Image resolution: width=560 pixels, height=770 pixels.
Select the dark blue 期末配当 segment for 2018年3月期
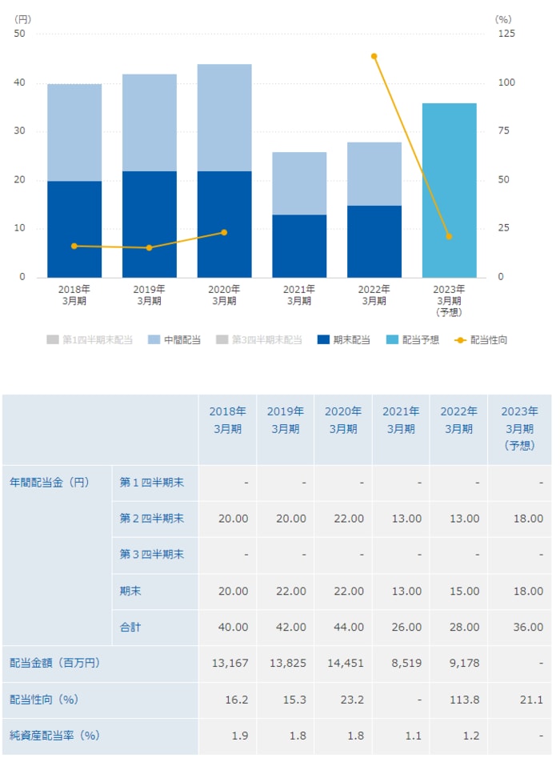tap(74, 229)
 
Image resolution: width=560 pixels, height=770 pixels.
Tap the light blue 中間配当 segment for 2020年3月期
tap(224, 118)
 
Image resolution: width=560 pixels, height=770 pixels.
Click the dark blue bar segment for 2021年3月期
tap(299, 246)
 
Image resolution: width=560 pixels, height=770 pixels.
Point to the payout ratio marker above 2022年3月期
tap(374, 56)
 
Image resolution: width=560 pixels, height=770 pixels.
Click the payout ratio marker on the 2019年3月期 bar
tap(149, 248)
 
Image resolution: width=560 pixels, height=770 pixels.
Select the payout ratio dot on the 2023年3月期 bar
tap(449, 237)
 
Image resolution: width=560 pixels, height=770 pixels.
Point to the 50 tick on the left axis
tap(19, 34)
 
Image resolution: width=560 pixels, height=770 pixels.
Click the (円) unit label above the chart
tap(23, 18)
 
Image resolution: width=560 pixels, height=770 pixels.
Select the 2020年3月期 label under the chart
tap(224, 295)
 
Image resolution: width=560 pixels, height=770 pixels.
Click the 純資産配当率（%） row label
tap(54, 736)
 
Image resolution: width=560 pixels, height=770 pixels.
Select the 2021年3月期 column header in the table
tap(401, 420)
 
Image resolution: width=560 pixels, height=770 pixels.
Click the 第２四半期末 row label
tap(151, 519)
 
